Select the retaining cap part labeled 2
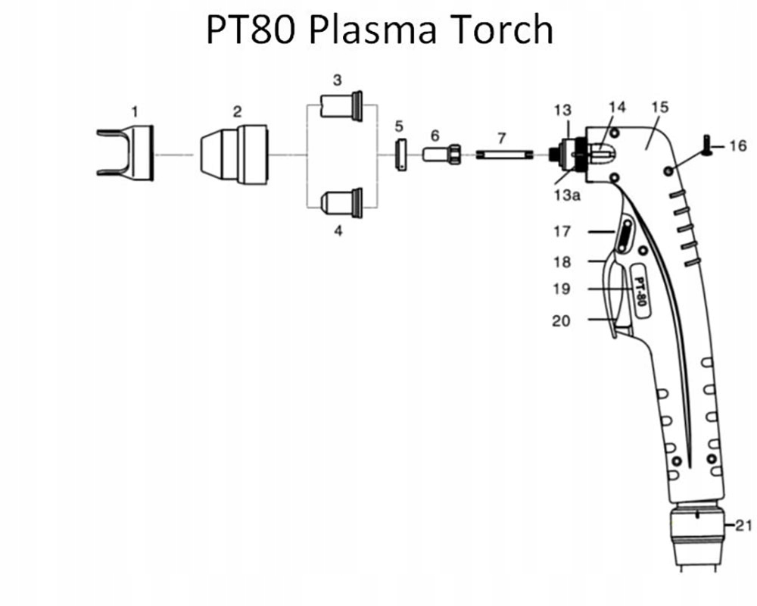coord(235,154)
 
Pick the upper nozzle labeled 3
coord(341,106)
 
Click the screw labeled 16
coord(707,145)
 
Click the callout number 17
coord(561,232)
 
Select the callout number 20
coord(561,321)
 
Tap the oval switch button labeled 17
coord(625,238)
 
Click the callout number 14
coord(618,107)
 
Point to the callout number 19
coord(561,289)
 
